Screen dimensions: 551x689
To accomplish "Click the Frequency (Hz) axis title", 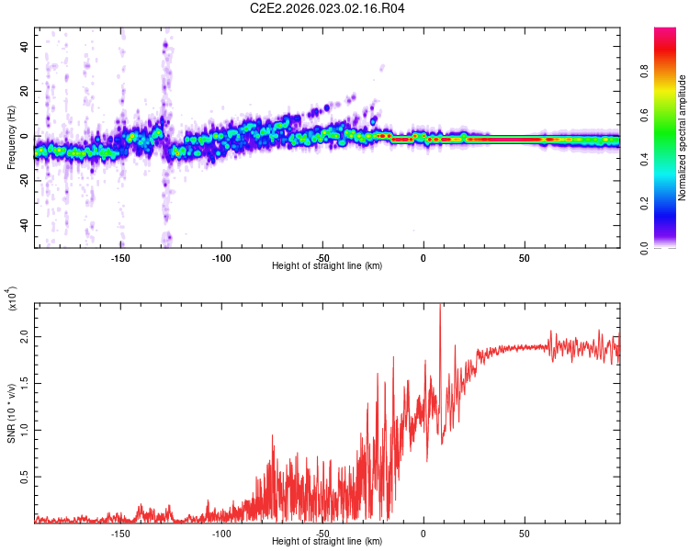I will point(11,137).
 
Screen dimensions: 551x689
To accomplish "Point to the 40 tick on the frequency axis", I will point(24,47).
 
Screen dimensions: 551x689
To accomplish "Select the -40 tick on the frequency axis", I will point(22,225).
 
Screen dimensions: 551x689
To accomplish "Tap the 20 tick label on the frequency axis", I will point(24,92).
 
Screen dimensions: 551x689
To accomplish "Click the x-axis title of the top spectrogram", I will point(327,266).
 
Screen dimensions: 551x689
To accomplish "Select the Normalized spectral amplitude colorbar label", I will point(683,138).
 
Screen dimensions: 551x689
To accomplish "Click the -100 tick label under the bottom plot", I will point(220,533).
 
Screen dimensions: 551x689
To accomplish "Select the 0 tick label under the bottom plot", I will point(424,533).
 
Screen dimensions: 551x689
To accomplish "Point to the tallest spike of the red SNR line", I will point(440,307).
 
